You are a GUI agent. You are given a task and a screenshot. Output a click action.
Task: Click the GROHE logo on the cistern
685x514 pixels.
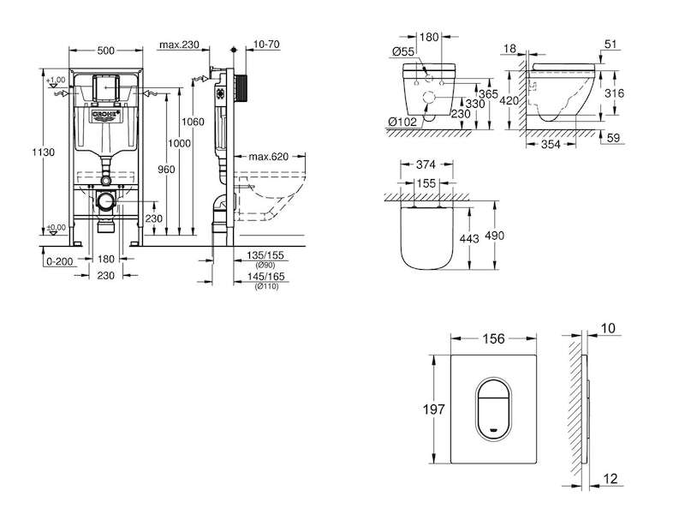(x=105, y=116)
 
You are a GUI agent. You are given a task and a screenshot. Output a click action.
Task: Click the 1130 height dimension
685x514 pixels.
(x=44, y=152)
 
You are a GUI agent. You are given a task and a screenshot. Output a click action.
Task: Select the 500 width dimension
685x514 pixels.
(x=105, y=51)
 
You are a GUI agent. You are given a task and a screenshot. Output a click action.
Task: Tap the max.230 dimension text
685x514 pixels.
(x=179, y=45)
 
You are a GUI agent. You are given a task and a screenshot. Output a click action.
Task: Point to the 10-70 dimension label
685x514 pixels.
(x=266, y=45)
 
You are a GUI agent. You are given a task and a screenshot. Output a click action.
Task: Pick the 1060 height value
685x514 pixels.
(x=193, y=122)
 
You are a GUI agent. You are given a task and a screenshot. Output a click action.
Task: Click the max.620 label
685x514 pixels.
(x=269, y=157)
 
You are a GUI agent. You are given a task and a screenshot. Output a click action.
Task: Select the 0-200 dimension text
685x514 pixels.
(x=59, y=261)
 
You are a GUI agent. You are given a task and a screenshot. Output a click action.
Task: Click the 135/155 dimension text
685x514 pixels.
(x=265, y=255)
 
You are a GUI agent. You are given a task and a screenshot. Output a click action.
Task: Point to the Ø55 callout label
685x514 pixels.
(x=402, y=51)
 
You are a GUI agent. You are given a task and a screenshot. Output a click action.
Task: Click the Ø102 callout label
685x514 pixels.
(x=402, y=122)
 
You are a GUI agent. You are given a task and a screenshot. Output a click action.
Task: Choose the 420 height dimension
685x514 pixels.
(x=509, y=101)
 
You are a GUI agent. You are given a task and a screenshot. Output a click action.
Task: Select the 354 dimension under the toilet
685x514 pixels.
(x=551, y=144)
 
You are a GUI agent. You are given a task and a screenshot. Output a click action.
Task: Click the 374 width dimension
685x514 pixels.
(x=426, y=164)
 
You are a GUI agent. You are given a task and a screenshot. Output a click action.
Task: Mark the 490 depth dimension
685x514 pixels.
(x=495, y=236)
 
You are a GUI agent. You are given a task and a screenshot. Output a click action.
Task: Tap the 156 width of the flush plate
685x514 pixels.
(x=494, y=338)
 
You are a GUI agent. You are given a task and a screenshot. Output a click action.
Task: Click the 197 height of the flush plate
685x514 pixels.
(x=434, y=409)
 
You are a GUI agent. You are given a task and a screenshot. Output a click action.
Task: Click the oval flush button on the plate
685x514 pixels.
(x=494, y=409)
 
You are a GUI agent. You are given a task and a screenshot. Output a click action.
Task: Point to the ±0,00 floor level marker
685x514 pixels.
(x=57, y=228)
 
